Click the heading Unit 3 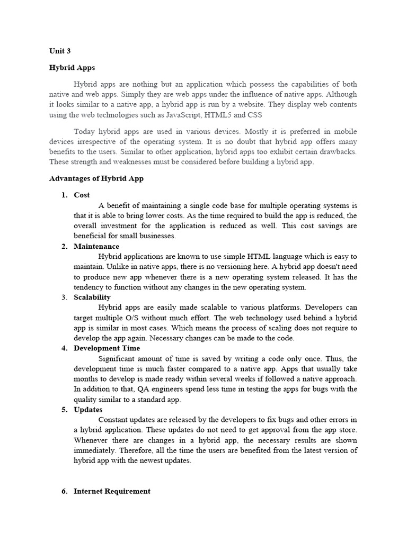tap(59, 52)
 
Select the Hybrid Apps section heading tap(72, 68)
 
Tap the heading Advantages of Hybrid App tap(96, 179)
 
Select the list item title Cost tap(82, 195)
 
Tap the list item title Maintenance tap(96, 247)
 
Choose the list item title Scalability tap(92, 297)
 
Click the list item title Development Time tap(107, 348)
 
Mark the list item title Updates tap(88, 410)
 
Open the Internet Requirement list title tap(112, 491)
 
